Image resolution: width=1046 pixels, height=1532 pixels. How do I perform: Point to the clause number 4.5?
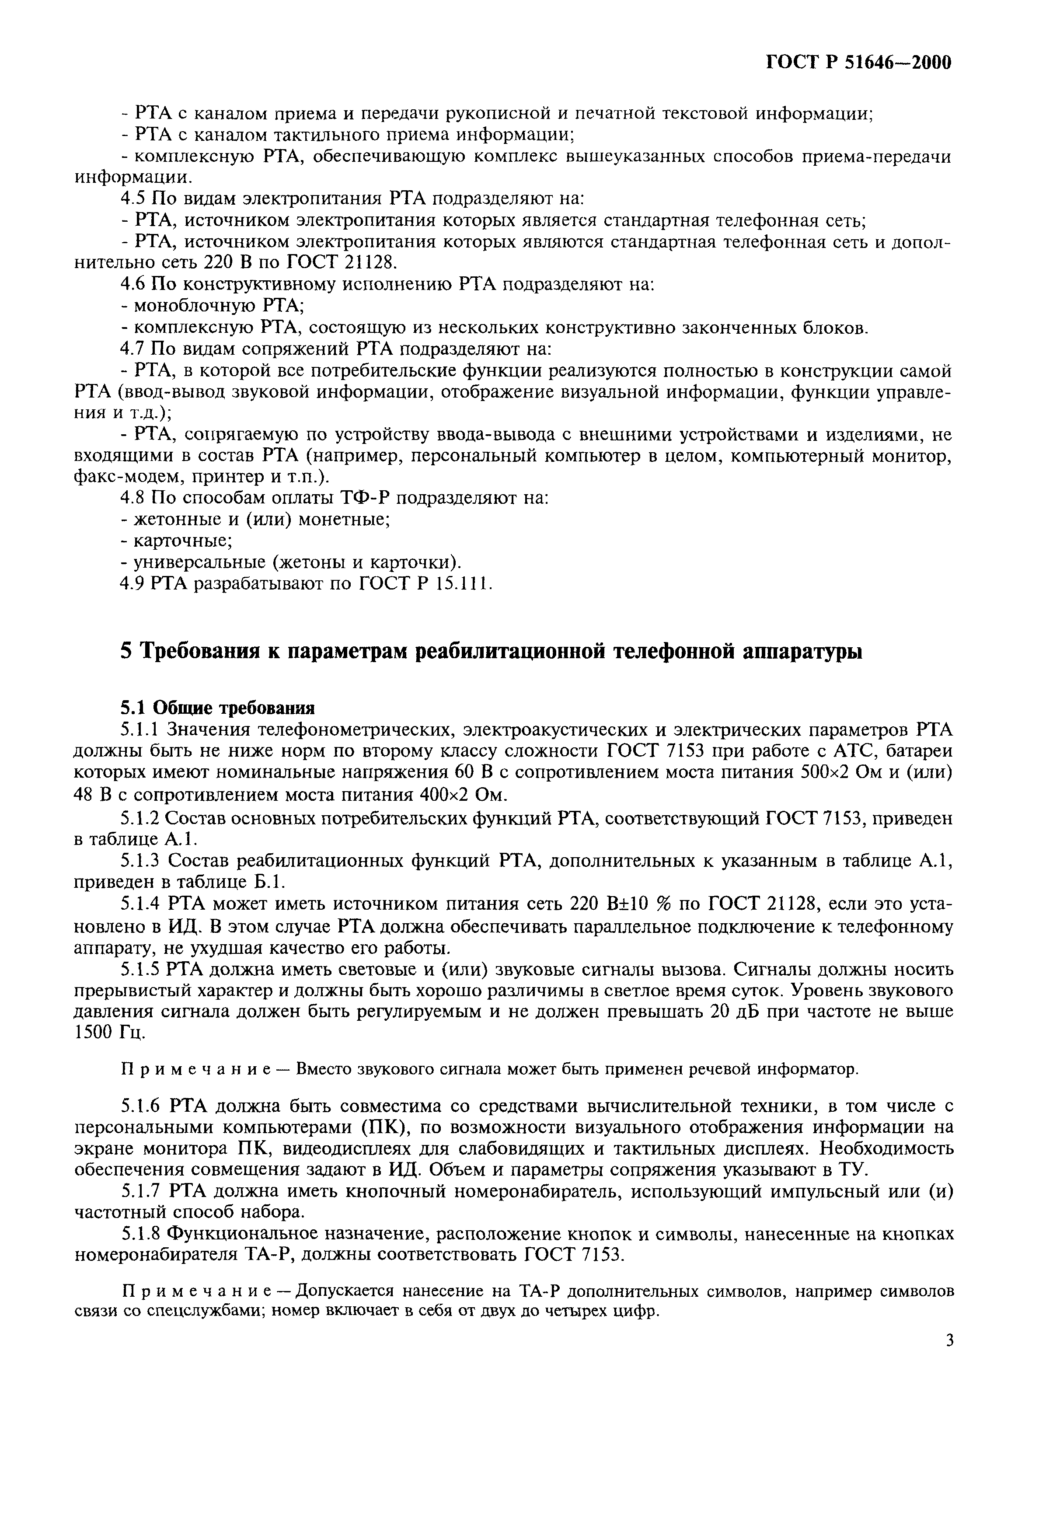134,199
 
